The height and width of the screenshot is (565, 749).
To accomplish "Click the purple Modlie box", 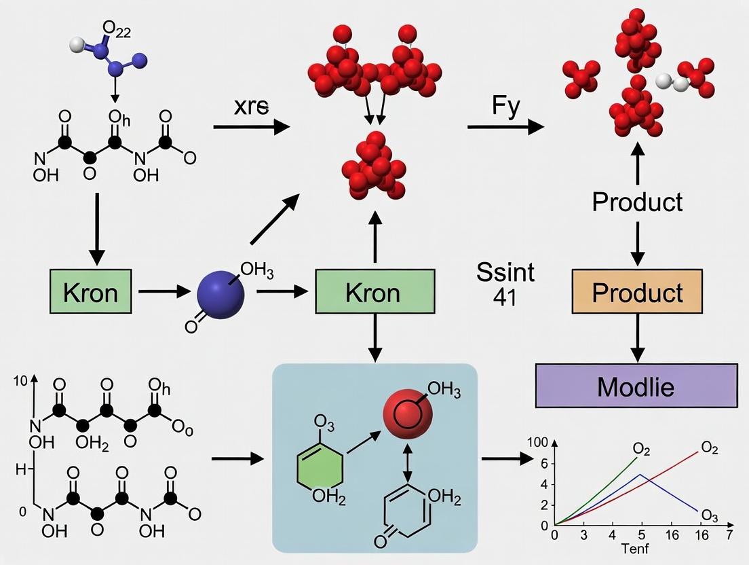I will pos(636,386).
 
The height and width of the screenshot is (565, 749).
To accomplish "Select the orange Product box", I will pos(636,292).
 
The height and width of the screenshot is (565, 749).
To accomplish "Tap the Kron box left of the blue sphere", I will pos(90,292).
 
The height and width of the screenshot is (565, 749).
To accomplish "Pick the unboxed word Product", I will pos(636,202).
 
